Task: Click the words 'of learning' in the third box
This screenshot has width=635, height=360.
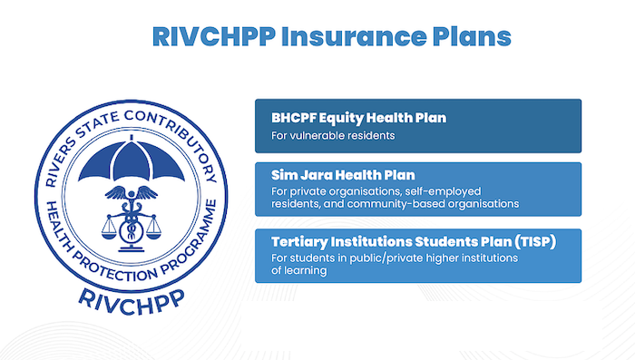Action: coord(300,270)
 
